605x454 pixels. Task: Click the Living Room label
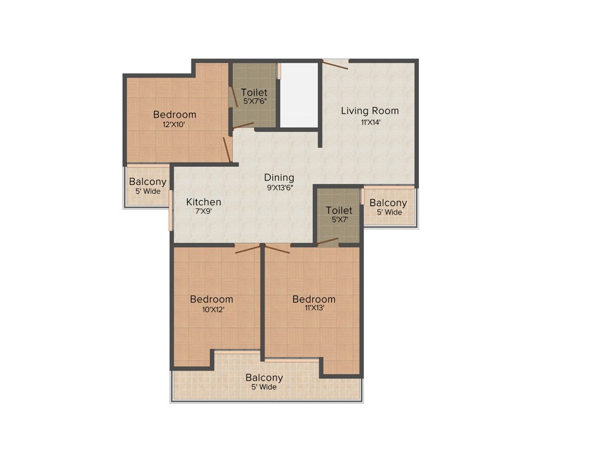(370, 111)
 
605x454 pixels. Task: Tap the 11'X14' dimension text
(371, 123)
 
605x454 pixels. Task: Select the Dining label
(279, 177)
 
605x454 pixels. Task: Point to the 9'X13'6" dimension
(279, 188)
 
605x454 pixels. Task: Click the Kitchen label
(204, 202)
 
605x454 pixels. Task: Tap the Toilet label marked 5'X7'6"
(254, 92)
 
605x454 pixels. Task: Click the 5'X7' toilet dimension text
(339, 220)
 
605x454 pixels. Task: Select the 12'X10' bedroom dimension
(174, 125)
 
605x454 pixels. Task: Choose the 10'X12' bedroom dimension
(211, 309)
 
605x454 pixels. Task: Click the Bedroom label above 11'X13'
(314, 299)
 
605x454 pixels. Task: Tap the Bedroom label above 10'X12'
(212, 300)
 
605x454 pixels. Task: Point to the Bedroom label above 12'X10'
(174, 115)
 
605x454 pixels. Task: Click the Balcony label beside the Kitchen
(148, 182)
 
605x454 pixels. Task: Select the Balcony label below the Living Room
(388, 203)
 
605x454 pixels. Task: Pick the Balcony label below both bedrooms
(264, 378)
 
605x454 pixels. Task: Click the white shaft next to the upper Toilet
(300, 95)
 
